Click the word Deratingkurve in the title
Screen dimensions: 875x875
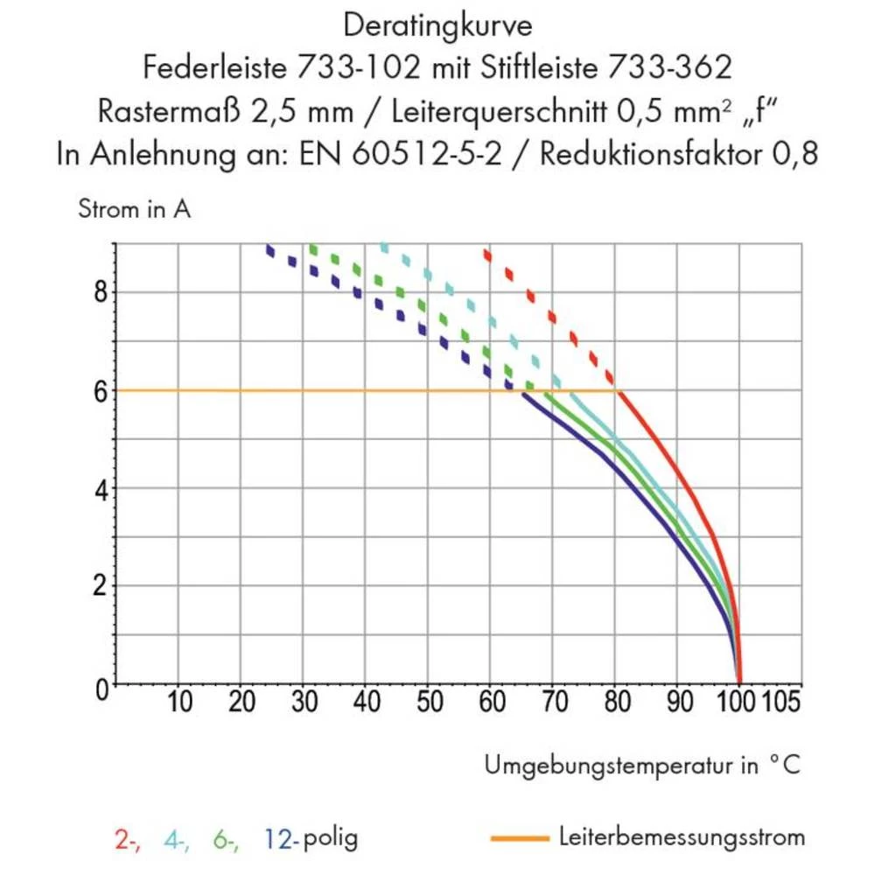(x=437, y=26)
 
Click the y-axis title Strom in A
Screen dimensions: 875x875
(x=134, y=210)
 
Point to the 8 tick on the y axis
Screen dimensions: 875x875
(x=101, y=291)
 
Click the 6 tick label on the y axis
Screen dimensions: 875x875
(x=101, y=390)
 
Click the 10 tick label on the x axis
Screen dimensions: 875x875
(x=179, y=703)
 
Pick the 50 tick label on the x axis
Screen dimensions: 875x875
(x=429, y=703)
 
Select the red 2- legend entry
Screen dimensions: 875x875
(x=127, y=839)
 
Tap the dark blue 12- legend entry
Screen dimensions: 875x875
(x=281, y=839)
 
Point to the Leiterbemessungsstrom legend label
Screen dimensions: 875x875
(x=682, y=837)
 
